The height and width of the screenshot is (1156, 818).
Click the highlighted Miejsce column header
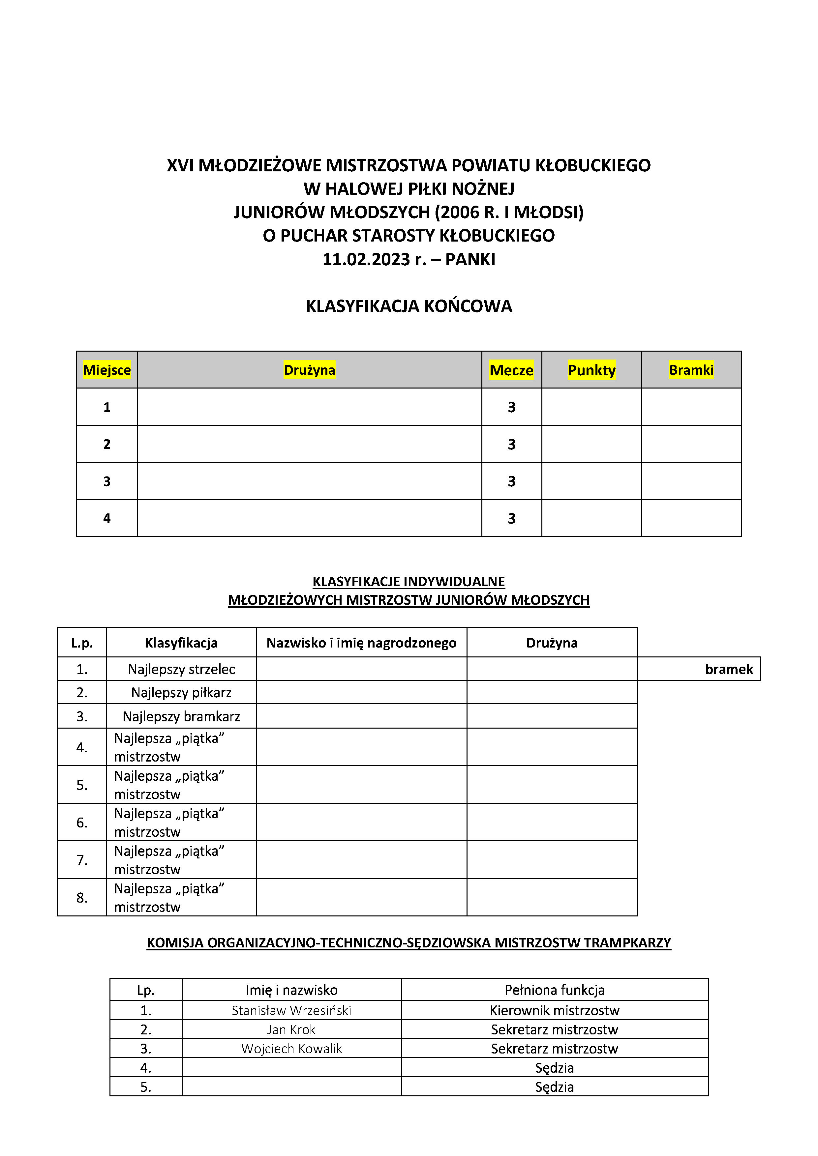tap(107, 370)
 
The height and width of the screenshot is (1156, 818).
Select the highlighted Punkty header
tap(591, 370)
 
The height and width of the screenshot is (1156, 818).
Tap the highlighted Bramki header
tap(691, 370)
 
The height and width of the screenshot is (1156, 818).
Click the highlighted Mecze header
tap(511, 370)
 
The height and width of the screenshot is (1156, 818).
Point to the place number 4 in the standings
tap(107, 518)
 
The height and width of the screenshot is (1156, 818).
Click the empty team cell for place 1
tap(309, 407)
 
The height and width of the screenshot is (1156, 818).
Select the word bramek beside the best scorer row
tap(729, 669)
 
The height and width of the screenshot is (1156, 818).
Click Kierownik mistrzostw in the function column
tap(555, 1010)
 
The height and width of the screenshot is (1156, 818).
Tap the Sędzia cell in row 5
tap(555, 1087)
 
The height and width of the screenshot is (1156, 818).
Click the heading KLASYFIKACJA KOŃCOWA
tap(409, 306)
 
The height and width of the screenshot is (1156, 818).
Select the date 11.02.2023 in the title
tap(366, 259)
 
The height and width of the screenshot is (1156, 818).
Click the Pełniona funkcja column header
tap(555, 990)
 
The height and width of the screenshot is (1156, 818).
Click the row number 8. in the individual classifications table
tap(81, 898)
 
